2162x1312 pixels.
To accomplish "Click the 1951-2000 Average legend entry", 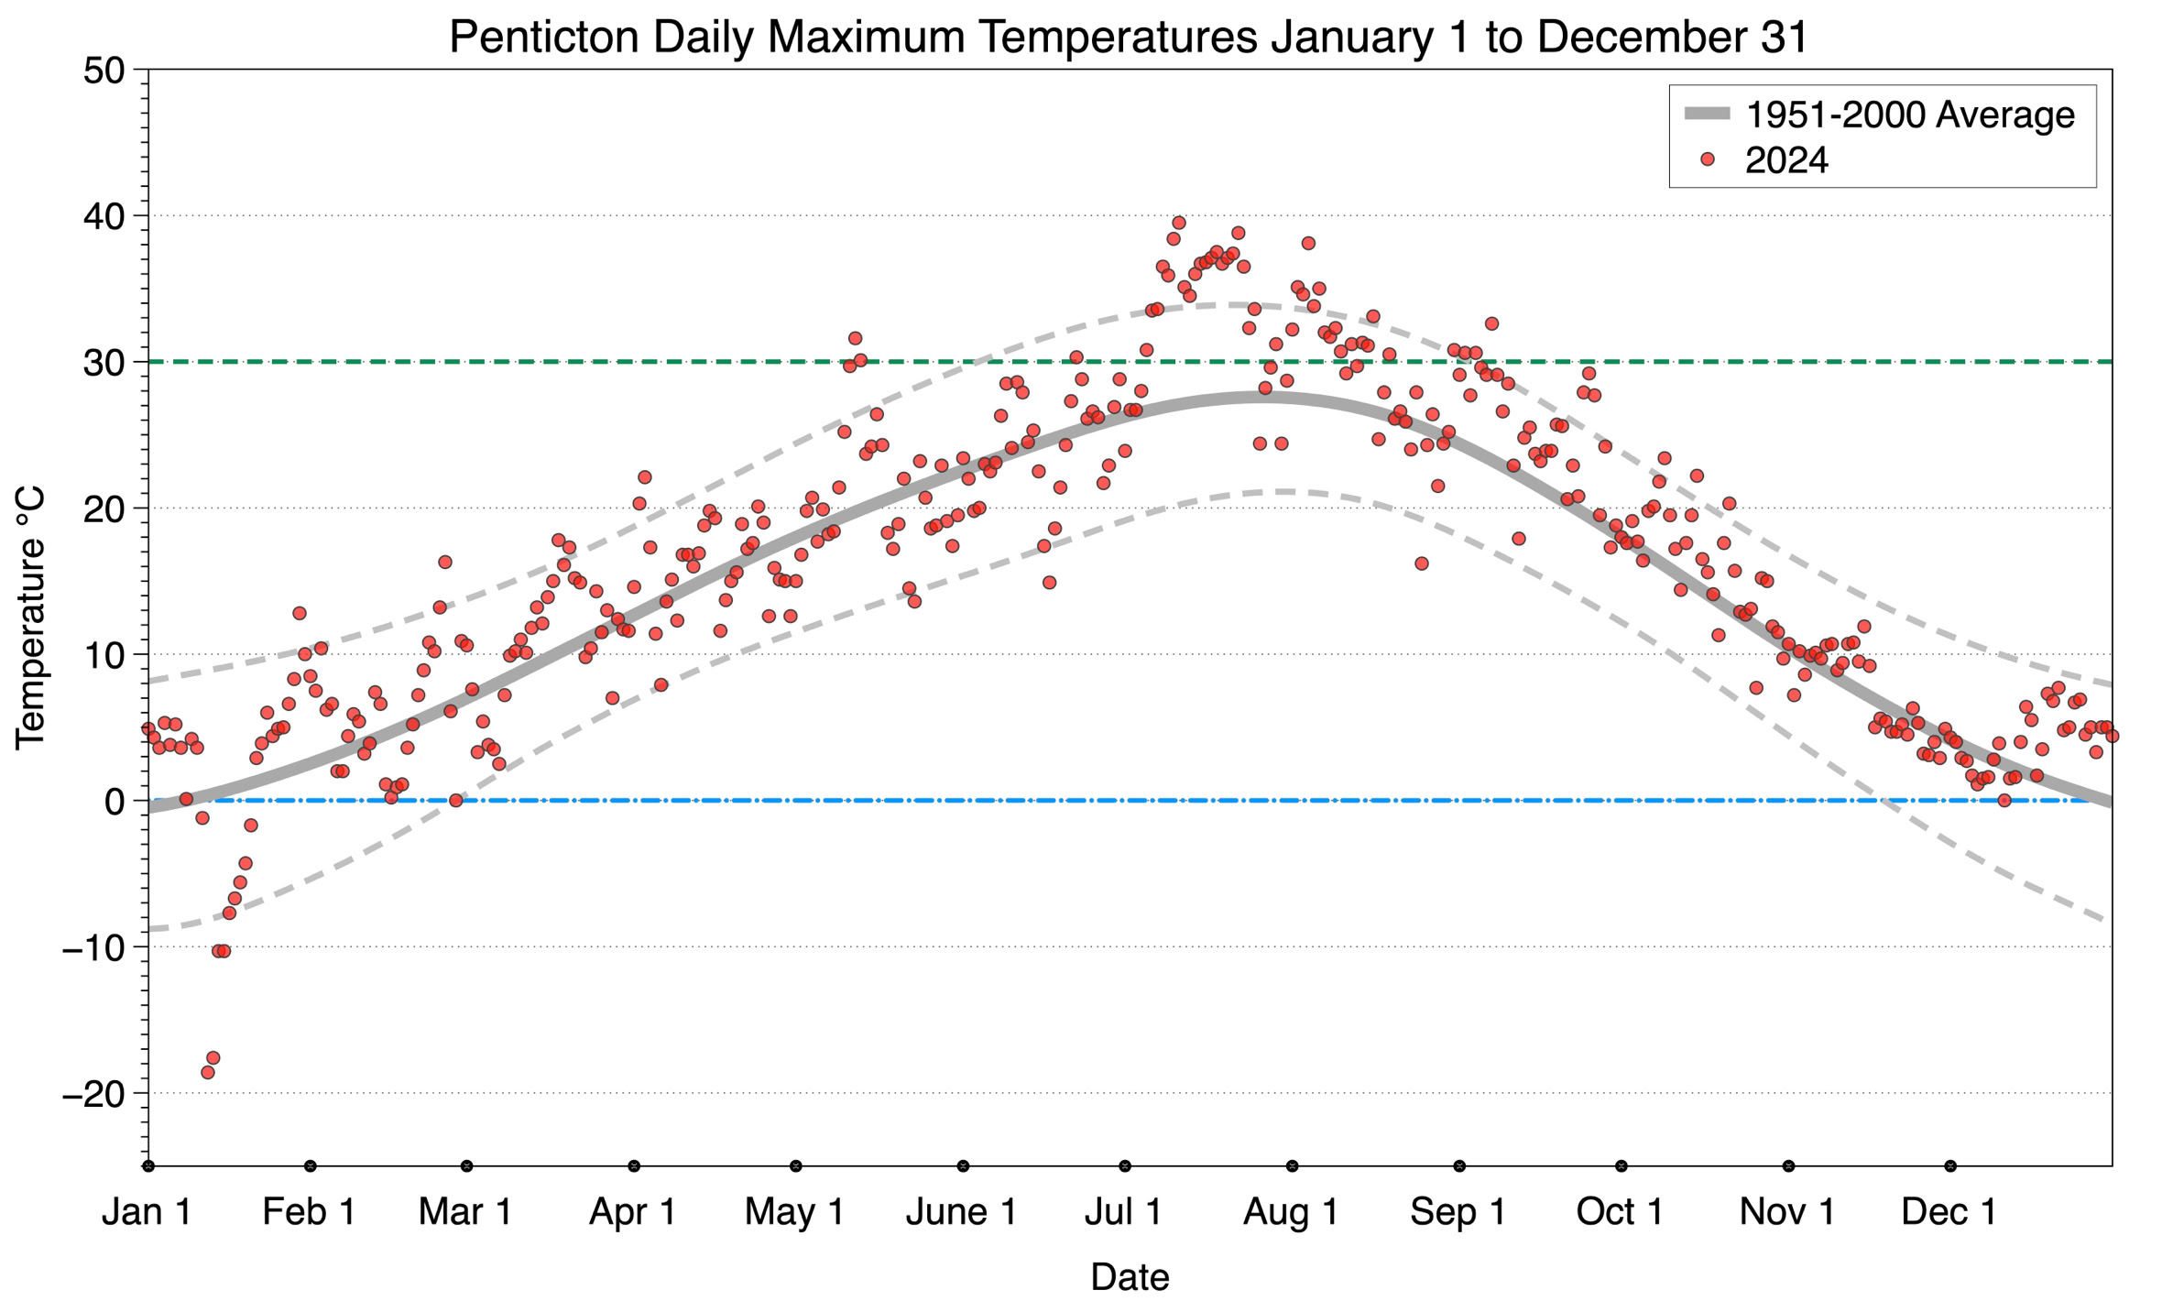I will pos(1909,115).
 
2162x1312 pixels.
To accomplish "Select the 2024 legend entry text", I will pos(1786,160).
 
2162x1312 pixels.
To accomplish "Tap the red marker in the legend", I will pos(1707,159).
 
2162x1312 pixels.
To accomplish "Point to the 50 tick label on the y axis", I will pos(104,71).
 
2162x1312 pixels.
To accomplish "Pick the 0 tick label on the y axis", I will pos(115,802).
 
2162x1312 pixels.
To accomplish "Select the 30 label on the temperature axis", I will pos(104,363).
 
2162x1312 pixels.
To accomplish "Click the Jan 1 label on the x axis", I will pos(147,1212).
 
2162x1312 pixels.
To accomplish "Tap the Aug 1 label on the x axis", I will pos(1291,1212).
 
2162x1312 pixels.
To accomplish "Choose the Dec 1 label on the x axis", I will pos(1949,1212).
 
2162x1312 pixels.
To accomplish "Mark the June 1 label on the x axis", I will pos(961,1212).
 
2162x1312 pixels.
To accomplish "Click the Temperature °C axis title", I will pos(31,618).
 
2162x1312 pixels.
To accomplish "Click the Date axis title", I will pos(1129,1277).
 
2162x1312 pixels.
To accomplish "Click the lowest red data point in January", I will pos(208,1072).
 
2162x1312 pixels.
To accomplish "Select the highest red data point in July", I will pos(1179,223).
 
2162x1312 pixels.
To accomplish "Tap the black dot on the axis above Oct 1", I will pos(1621,1166).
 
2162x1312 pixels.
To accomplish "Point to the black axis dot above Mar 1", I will pos(467,1166).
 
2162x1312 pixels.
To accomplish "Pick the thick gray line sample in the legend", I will pos(1707,115).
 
